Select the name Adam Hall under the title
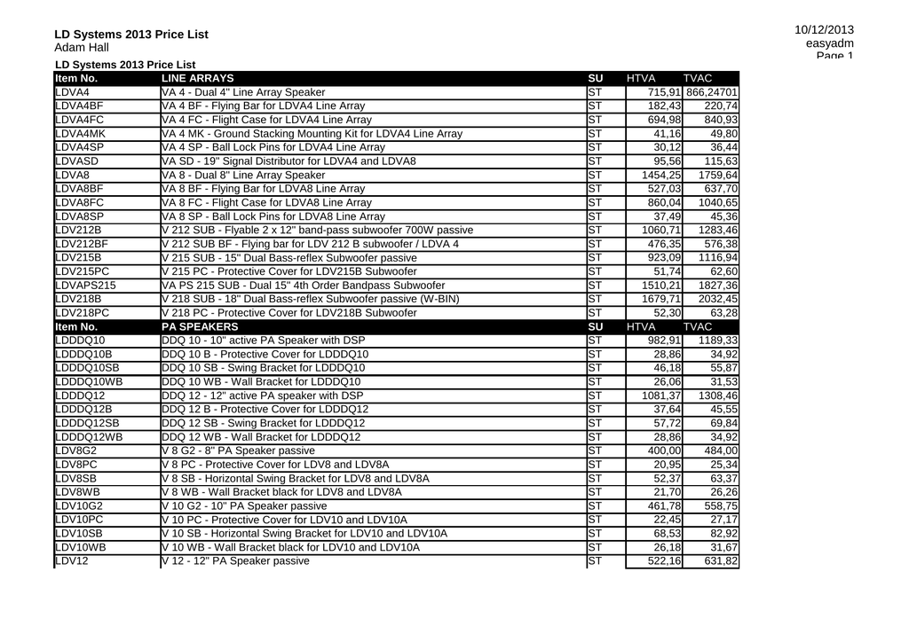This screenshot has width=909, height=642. point(82,47)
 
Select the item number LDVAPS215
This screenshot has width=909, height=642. point(85,286)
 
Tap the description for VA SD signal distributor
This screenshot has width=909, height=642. point(289,161)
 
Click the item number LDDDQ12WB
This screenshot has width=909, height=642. point(89,437)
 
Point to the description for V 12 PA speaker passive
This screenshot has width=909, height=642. point(236,561)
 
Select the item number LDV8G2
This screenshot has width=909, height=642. point(75,450)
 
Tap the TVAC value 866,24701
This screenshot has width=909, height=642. point(712,92)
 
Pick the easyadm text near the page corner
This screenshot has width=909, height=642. point(830,43)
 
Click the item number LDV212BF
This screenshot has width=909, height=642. point(82,244)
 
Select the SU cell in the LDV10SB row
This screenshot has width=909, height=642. point(595,534)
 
